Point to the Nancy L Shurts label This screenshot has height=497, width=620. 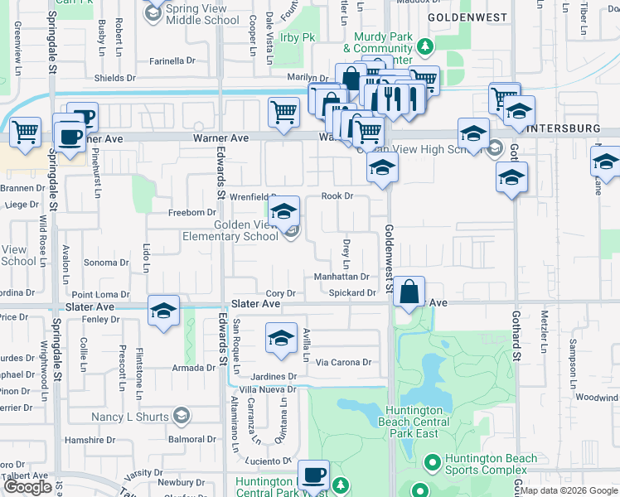click(x=130, y=416)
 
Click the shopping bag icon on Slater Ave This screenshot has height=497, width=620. click(x=409, y=292)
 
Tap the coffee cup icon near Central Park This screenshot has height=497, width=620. click(x=313, y=475)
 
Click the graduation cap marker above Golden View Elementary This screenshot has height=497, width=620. click(x=283, y=211)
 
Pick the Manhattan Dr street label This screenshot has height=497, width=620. click(x=341, y=277)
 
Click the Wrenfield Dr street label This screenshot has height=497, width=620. click(x=253, y=197)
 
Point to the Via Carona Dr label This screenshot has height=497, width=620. click(x=343, y=362)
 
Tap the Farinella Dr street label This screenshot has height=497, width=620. click(x=172, y=60)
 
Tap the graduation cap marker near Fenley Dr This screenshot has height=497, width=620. click(x=164, y=311)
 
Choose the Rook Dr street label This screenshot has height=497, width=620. click(x=337, y=196)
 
